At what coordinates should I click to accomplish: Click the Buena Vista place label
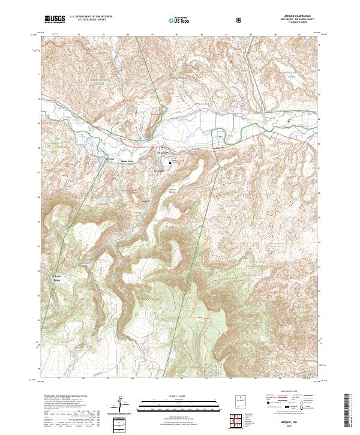coord(128,160)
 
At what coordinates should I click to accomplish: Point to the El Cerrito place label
coord(160,170)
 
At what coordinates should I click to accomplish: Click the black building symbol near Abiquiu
coord(170,162)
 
